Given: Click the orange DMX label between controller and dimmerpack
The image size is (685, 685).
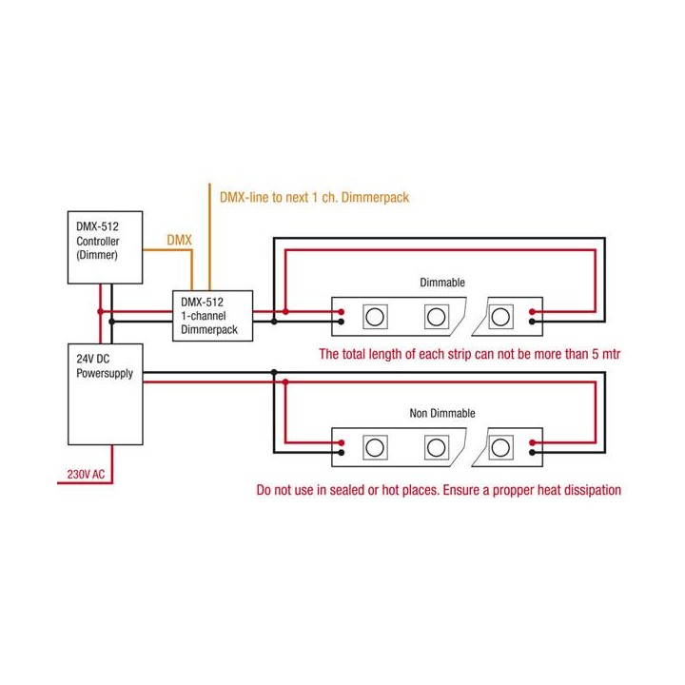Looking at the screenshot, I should (179, 242).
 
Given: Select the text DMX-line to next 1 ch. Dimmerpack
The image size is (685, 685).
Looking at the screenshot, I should (314, 197).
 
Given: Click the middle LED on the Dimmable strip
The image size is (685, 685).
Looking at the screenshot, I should (436, 316).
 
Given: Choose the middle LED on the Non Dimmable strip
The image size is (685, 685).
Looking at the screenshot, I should (436, 445).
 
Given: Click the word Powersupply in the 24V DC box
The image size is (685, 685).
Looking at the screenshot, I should (105, 374).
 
